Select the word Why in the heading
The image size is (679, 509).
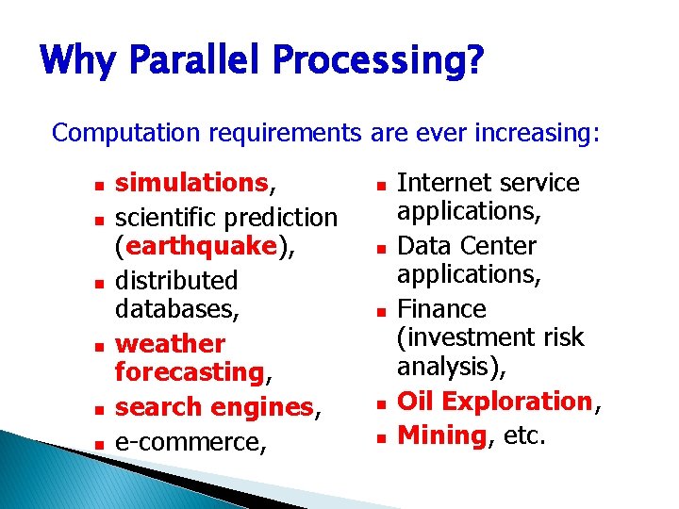pos(76,62)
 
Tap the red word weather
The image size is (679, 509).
pos(170,343)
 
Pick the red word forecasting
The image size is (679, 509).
pos(189,372)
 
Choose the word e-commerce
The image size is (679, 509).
pos(188,441)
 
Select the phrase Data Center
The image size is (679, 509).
pos(467,246)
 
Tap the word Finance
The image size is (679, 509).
pos(441,309)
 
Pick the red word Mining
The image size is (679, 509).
pos(441,435)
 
